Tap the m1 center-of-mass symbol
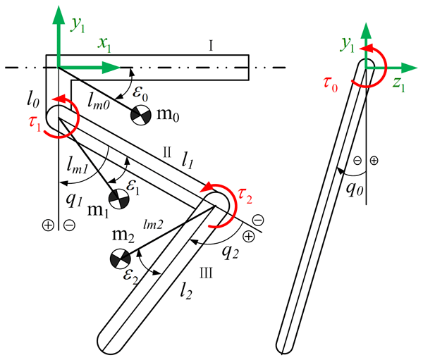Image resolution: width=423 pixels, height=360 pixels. [x=118, y=199]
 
